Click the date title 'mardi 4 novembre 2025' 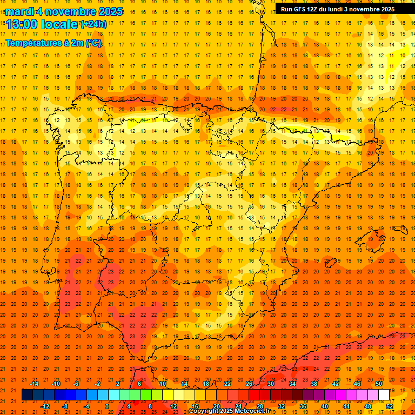coord(64,11)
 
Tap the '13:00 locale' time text coord(43,24)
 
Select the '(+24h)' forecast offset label coord(93,24)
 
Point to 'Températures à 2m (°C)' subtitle coord(53,43)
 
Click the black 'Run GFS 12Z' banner coord(338,9)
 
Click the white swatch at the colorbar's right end coord(384,395)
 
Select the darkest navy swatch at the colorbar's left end coord(27,395)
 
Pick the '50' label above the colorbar coord(379,384)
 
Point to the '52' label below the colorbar coord(390,406)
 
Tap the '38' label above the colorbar coord(314,384)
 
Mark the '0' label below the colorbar coord(107,406)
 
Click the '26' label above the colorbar coord(249,384)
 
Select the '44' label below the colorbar coord(346,406)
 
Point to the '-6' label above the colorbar coord(76,384)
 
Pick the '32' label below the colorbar coord(282,406)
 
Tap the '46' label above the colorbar coord(357,384)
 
